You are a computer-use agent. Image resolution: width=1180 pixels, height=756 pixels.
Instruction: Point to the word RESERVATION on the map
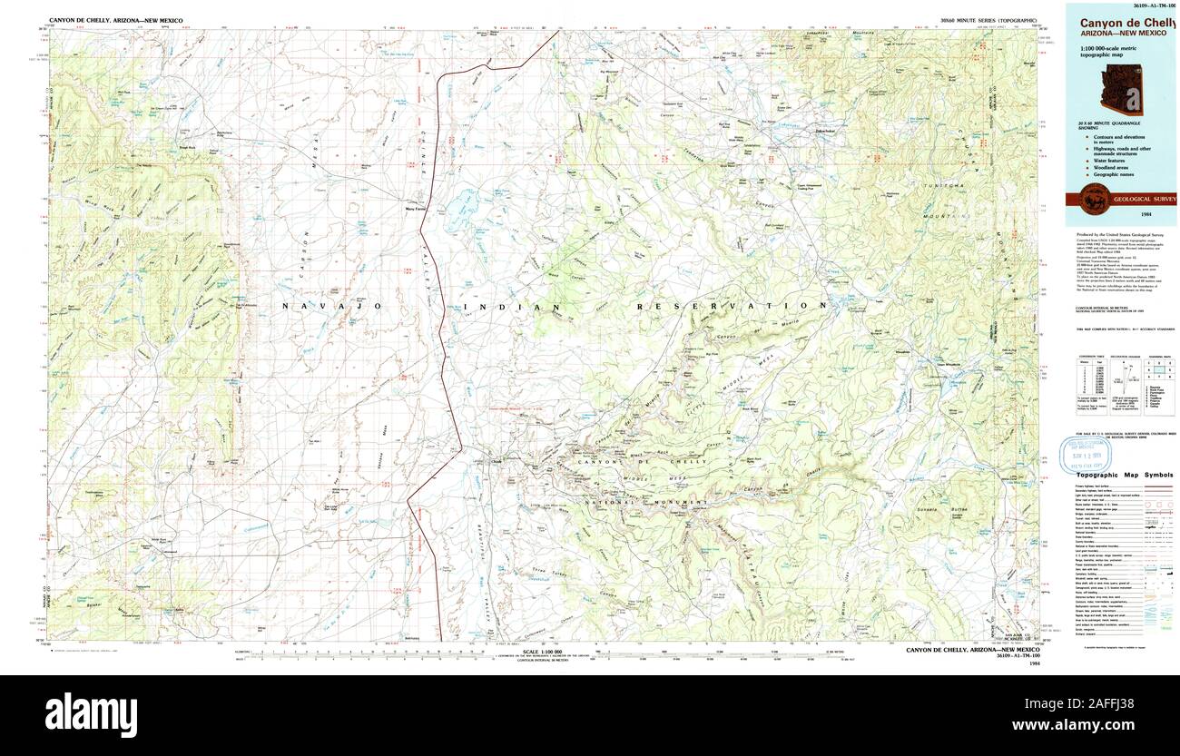coord(731,307)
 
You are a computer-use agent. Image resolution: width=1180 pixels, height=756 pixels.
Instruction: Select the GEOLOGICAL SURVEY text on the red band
coord(1144,199)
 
